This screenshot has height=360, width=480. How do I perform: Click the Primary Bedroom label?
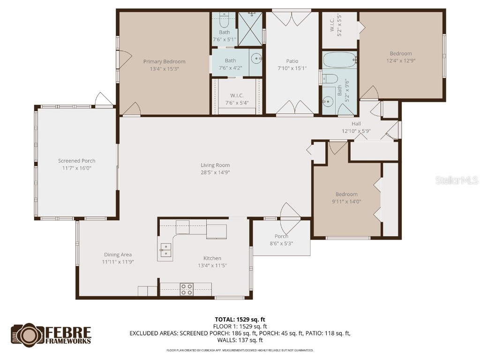[164, 61]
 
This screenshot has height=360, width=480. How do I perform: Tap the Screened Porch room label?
[77, 161]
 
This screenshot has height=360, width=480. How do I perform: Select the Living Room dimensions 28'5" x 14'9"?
[215, 172]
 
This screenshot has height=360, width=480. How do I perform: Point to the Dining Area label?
[118, 255]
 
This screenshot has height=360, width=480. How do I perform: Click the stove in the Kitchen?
[187, 289]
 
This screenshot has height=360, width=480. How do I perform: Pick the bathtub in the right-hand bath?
[339, 60]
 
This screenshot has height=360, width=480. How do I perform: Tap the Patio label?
[292, 61]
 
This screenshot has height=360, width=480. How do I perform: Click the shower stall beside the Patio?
[250, 29]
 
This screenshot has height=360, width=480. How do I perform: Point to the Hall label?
[356, 124]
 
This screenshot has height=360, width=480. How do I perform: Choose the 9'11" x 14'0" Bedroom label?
[346, 194]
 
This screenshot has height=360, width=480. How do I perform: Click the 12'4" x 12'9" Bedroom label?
[401, 53]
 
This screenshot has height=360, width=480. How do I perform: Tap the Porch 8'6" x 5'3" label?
[281, 236]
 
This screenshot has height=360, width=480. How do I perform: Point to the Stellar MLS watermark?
[456, 180]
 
